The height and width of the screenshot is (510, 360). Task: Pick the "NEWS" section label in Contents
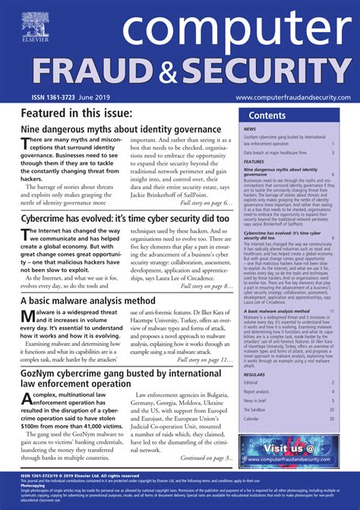pyautogui.click(x=250, y=129)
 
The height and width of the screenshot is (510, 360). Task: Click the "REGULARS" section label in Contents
pyautogui.click(x=254, y=374)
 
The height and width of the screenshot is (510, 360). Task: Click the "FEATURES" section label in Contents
pyautogui.click(x=254, y=161)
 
